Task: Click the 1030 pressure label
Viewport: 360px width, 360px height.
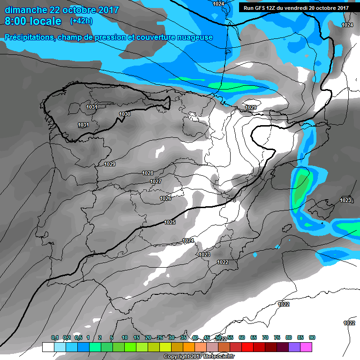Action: coord(125,114)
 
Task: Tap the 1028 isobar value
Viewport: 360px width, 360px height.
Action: coord(147,173)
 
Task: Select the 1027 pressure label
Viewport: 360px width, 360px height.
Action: coord(156,181)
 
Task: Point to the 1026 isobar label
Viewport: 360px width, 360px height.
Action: coord(165,198)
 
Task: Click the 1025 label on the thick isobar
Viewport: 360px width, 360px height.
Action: coord(170,222)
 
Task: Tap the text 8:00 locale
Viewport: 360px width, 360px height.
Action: coord(32,21)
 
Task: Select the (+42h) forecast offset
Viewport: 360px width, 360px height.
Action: coord(81,21)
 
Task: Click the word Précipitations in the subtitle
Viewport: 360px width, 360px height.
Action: coord(28,37)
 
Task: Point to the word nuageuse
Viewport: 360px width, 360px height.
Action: coord(194,37)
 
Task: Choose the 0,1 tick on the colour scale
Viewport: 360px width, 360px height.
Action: coord(55,337)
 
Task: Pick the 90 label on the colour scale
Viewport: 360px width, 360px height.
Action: coord(312,337)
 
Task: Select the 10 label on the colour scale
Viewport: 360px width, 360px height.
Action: coord(125,337)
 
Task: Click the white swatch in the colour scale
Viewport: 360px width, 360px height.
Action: coord(48,347)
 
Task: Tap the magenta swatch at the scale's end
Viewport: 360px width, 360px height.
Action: coord(306,347)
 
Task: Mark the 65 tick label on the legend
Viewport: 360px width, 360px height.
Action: coord(254,337)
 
